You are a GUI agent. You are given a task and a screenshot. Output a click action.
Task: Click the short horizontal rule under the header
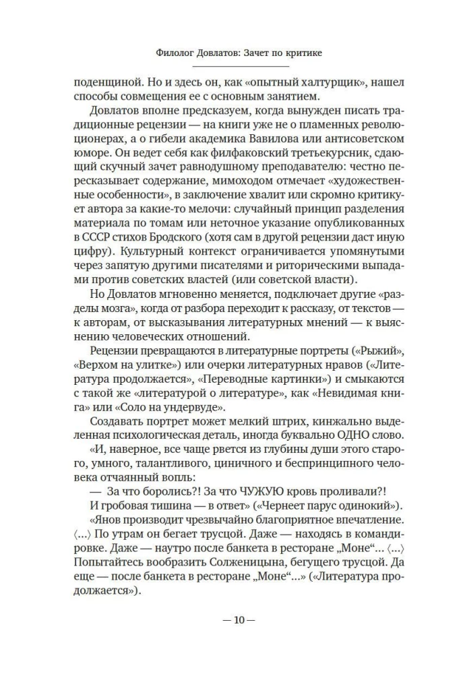(229, 66)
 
